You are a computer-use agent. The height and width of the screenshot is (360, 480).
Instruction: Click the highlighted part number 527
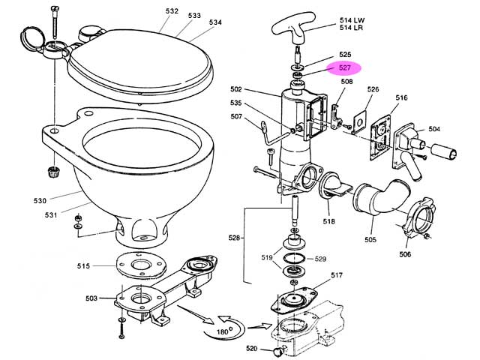click(x=345, y=67)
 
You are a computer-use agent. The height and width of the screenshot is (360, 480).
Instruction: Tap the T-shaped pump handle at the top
click(x=294, y=28)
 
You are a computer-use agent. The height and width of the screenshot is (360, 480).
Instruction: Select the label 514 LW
click(x=352, y=20)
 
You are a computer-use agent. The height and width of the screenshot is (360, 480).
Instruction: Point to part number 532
click(x=172, y=11)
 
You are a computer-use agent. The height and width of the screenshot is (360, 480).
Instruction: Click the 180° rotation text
click(x=223, y=331)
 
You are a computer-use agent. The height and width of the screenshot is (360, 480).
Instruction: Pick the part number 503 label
click(x=91, y=298)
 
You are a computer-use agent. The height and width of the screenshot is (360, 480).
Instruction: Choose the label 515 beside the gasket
click(x=83, y=266)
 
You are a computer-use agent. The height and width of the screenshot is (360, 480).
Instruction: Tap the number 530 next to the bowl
click(x=40, y=201)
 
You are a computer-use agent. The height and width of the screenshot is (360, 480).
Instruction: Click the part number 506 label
click(x=405, y=254)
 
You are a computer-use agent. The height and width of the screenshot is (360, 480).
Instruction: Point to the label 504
click(x=434, y=129)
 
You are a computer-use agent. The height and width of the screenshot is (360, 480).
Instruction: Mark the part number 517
click(x=337, y=275)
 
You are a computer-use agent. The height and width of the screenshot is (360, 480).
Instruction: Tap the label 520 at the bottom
click(x=252, y=348)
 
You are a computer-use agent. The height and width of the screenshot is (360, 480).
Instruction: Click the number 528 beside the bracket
click(x=234, y=238)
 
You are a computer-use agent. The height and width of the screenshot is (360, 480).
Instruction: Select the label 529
click(x=320, y=259)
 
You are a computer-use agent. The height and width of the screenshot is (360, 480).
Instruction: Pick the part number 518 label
click(x=328, y=221)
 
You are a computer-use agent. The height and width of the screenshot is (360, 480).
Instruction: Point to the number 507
click(x=236, y=116)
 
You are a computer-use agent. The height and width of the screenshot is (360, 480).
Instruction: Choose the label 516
click(x=401, y=97)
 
